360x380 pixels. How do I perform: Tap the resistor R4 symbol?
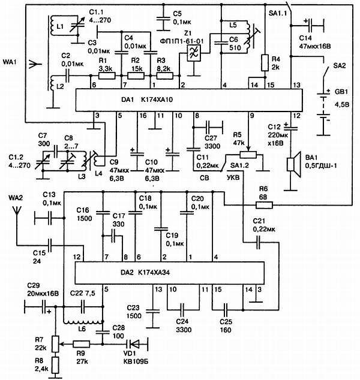click(264, 62)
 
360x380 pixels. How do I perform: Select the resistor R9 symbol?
click(82, 345)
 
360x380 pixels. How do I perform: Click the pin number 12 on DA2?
click(76, 257)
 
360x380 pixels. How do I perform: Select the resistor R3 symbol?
click(160, 76)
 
